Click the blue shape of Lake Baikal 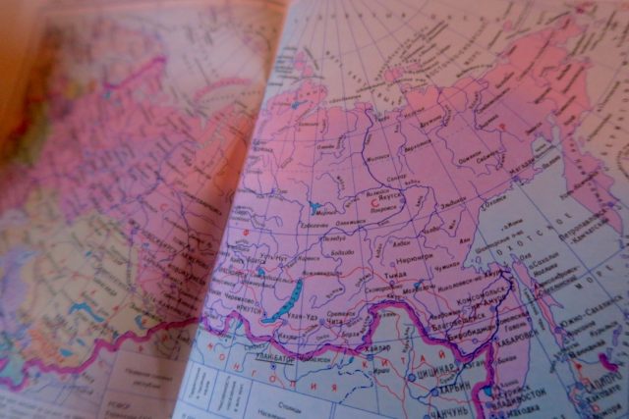coord(285,297)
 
